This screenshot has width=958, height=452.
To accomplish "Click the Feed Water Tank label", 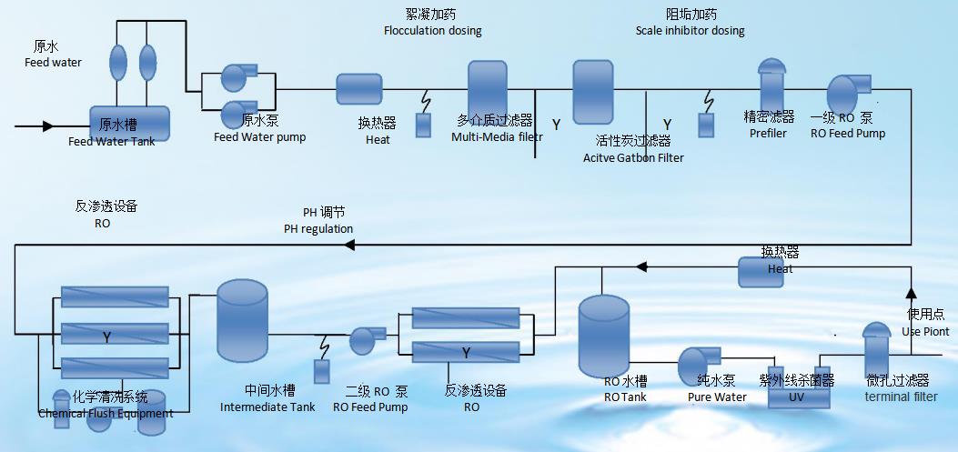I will (x=112, y=141).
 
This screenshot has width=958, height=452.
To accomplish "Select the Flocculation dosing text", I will (x=432, y=30).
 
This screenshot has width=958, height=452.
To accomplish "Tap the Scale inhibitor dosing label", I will (x=690, y=30).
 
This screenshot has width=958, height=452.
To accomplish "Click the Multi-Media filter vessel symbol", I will (x=487, y=88).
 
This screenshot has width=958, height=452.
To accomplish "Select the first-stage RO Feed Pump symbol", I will (x=846, y=95).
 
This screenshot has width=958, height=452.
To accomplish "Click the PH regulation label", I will (x=318, y=228).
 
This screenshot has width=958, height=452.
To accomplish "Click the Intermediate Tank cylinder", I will (x=242, y=317).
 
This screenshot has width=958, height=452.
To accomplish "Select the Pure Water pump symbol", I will (x=698, y=365).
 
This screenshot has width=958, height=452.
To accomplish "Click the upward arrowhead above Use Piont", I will (x=910, y=293).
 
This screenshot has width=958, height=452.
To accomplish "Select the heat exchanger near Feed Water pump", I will (x=358, y=89).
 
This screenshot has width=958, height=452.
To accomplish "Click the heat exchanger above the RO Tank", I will (x=767, y=270).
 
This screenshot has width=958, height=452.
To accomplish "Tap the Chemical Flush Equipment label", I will (x=106, y=414).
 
